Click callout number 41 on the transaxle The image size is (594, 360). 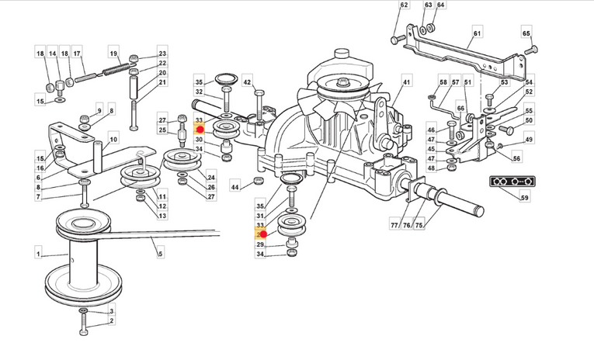(x=405, y=82)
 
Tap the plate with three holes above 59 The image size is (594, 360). (x=509, y=182)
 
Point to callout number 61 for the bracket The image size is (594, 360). (x=477, y=34)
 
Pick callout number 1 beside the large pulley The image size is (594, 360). (x=37, y=253)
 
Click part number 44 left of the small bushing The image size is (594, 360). (x=234, y=187)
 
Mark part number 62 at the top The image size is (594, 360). (x=404, y=6)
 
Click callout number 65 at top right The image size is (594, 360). (x=526, y=34)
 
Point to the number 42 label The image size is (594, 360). (x=247, y=81)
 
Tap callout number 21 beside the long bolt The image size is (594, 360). (x=162, y=82)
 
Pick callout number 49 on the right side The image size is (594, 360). (x=529, y=140)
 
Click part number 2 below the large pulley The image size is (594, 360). (x=112, y=320)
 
